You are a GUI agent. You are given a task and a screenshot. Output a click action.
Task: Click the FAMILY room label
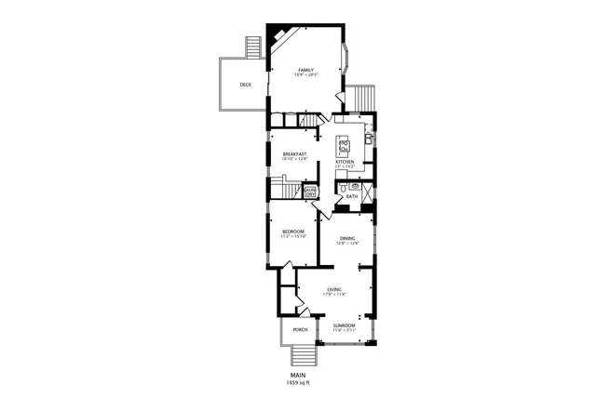(305, 70)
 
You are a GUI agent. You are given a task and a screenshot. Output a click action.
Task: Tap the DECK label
(245, 85)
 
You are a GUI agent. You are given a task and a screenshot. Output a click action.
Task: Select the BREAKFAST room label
(294, 154)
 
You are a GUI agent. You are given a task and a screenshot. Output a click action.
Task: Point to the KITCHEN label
(345, 162)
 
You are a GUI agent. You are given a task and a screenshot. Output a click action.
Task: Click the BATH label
(351, 196)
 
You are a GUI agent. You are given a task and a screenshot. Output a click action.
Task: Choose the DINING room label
(348, 238)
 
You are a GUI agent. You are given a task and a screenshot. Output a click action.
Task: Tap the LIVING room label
(333, 290)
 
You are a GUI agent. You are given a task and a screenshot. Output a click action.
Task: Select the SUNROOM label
(345, 325)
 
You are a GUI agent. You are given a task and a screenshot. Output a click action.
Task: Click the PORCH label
(300, 329)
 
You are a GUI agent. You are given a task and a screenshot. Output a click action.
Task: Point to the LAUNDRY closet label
(310, 192)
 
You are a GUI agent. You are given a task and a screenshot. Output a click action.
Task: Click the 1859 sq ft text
(299, 382)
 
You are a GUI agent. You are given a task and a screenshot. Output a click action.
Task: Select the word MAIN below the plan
(299, 375)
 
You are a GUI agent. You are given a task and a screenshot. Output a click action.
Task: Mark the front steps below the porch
(303, 356)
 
